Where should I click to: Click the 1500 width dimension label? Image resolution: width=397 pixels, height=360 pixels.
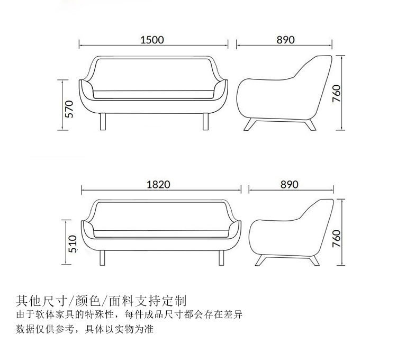152,40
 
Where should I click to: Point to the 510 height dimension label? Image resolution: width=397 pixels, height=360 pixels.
74,244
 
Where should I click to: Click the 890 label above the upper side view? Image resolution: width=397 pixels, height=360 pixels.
285,40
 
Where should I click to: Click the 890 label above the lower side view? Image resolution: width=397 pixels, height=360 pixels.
290,184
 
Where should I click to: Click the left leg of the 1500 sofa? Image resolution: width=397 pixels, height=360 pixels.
103,121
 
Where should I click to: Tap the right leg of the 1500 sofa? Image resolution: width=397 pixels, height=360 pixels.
204,121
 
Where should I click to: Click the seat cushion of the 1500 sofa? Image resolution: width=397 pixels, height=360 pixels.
154,94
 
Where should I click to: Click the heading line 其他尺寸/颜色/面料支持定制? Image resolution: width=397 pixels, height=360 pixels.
101,302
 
